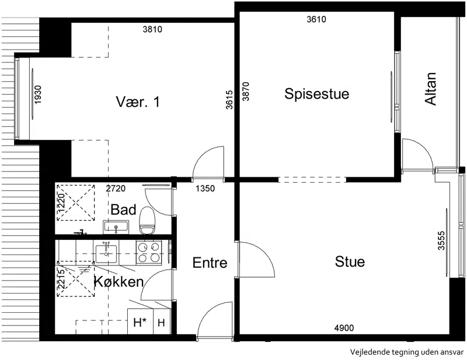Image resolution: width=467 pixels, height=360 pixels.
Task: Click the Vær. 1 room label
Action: click(x=138, y=102)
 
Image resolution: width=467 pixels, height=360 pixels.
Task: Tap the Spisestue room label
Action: click(x=316, y=94)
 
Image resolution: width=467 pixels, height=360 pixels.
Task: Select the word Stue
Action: click(x=350, y=262)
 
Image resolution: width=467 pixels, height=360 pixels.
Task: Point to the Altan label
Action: click(x=430, y=89)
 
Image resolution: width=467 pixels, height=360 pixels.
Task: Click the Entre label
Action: click(x=210, y=263)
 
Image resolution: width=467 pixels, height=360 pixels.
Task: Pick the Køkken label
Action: click(x=119, y=281)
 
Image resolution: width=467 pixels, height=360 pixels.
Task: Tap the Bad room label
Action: click(x=123, y=209)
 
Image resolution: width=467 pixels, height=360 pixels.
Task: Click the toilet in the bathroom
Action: click(x=147, y=221)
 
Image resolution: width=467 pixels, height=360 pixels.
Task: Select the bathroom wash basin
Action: click(x=116, y=227)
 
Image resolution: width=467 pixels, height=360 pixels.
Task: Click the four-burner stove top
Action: click(x=149, y=253)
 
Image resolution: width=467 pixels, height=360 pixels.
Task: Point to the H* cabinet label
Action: click(x=140, y=322)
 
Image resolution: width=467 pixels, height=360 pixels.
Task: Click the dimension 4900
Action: click(x=344, y=328)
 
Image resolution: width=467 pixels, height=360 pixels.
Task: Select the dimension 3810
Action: click(x=152, y=29)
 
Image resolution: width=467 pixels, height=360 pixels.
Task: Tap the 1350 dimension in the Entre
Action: click(x=205, y=188)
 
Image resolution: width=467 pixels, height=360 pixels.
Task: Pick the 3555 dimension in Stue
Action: click(x=441, y=240)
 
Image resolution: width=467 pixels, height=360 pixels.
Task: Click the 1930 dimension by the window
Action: click(x=38, y=95)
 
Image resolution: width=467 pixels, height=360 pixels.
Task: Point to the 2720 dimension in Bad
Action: click(x=116, y=188)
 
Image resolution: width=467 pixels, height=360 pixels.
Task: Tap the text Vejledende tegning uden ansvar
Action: click(x=407, y=352)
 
